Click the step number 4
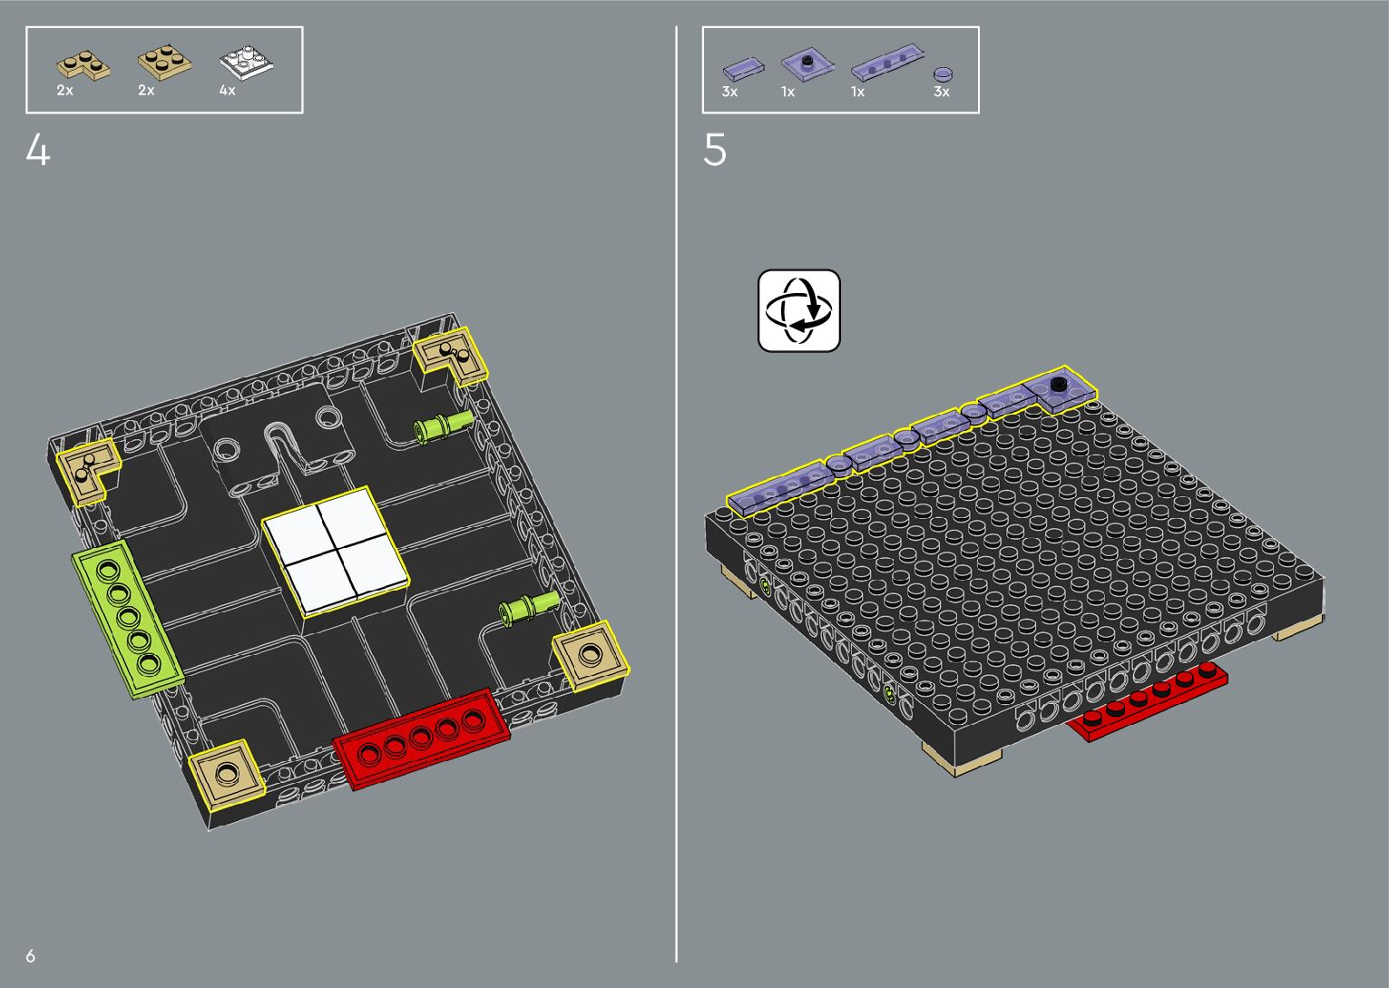tap(38, 150)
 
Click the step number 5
tap(714, 150)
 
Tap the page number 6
tap(30, 955)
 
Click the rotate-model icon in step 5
tap(798, 310)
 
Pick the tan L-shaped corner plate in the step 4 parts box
tap(83, 65)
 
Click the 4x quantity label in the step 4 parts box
tap(227, 91)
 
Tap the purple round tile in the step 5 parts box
tap(944, 74)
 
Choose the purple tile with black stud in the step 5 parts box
tap(807, 64)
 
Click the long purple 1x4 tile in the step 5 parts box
tap(887, 62)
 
